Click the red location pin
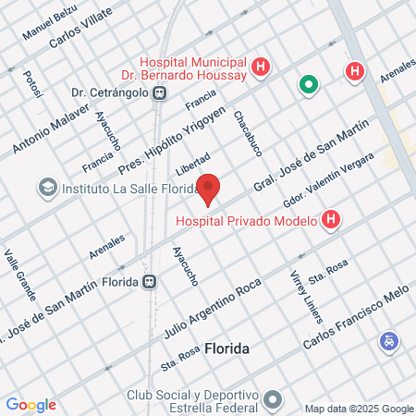[x=210, y=188]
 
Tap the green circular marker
[x=308, y=86]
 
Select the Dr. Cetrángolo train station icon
[x=160, y=92]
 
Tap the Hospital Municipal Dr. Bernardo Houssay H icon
[x=262, y=67]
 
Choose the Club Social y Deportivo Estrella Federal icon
[x=272, y=400]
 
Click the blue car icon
[x=389, y=342]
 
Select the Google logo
[x=31, y=404]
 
